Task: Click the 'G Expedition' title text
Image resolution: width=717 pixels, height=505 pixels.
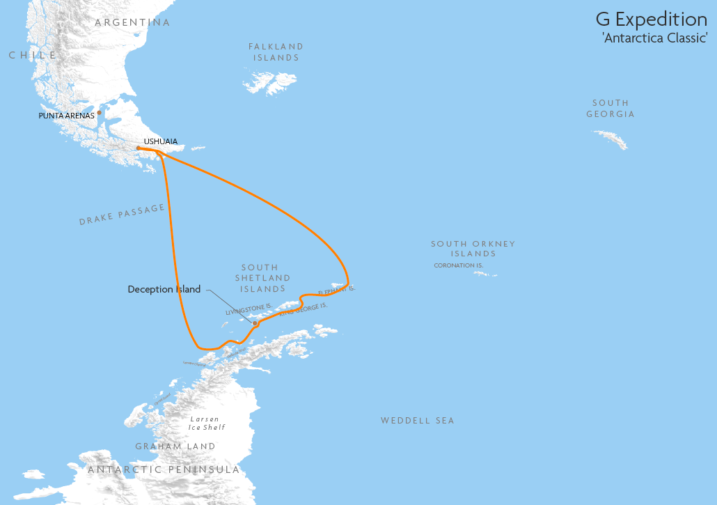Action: pyautogui.click(x=651, y=19)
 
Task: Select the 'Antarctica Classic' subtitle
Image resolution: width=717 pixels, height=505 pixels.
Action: pyautogui.click(x=654, y=38)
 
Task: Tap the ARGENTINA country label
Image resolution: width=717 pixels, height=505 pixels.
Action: pyautogui.click(x=132, y=22)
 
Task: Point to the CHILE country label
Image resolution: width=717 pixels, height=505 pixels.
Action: pyautogui.click(x=33, y=55)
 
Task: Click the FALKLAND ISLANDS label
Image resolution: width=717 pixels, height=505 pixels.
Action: pyautogui.click(x=276, y=52)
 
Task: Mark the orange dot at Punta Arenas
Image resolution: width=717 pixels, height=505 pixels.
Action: pyautogui.click(x=99, y=112)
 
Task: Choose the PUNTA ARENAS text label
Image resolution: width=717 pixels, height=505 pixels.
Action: pyautogui.click(x=66, y=116)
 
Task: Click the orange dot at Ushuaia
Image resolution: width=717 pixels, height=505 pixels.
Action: pyautogui.click(x=139, y=148)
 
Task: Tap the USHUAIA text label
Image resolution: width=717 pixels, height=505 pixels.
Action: pyautogui.click(x=160, y=141)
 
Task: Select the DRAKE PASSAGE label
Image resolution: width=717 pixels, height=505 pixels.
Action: pyautogui.click(x=122, y=215)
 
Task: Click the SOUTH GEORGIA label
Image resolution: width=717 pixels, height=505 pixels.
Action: pyautogui.click(x=610, y=109)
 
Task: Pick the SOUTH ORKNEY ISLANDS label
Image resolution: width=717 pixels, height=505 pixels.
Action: pyautogui.click(x=473, y=249)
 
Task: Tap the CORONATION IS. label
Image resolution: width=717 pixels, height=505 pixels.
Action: pyautogui.click(x=458, y=265)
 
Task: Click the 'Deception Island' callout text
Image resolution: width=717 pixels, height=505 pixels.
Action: pyautogui.click(x=164, y=289)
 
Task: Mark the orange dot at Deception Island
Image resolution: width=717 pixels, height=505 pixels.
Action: pyautogui.click(x=255, y=323)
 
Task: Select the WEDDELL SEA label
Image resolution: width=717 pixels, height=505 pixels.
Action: pyautogui.click(x=417, y=420)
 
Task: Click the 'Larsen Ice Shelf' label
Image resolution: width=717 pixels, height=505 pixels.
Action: pyautogui.click(x=207, y=424)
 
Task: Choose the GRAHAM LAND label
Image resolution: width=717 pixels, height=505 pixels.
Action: pyautogui.click(x=175, y=446)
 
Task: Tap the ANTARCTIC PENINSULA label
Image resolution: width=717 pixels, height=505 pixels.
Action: pyautogui.click(x=164, y=469)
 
